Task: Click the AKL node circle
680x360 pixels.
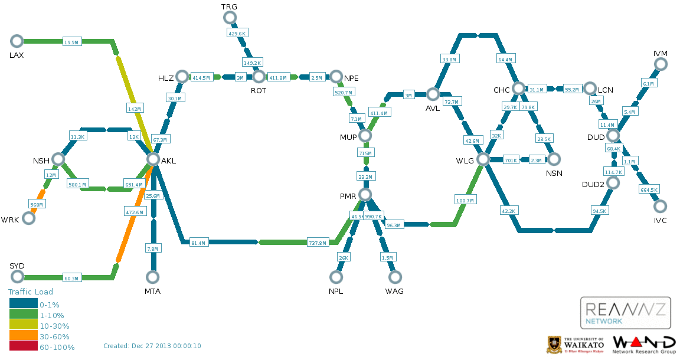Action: pos(153,159)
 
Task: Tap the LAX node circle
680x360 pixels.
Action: pos(17,41)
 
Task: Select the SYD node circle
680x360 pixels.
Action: pos(17,277)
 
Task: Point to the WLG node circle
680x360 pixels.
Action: pos(483,159)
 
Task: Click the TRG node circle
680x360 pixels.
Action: pos(230,17)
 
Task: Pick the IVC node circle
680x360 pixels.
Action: pos(661,206)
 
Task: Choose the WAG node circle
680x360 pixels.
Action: pos(395,277)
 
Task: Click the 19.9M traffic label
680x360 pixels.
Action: pos(71,42)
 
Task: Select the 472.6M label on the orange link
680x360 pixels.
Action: pos(135,212)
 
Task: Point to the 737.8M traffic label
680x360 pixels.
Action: pos(318,243)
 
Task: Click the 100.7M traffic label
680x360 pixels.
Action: pos(465,200)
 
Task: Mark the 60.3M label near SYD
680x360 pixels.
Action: pos(71,278)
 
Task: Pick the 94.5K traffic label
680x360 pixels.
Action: pos(599,211)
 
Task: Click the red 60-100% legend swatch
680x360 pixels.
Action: pos(23,347)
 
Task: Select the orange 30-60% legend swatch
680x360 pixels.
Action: pos(23,336)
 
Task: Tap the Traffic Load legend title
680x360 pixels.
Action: pos(31,292)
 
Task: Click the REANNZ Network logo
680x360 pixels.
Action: pos(626,313)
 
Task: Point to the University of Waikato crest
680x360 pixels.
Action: pos(554,345)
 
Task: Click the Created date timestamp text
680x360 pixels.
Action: pos(152,346)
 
